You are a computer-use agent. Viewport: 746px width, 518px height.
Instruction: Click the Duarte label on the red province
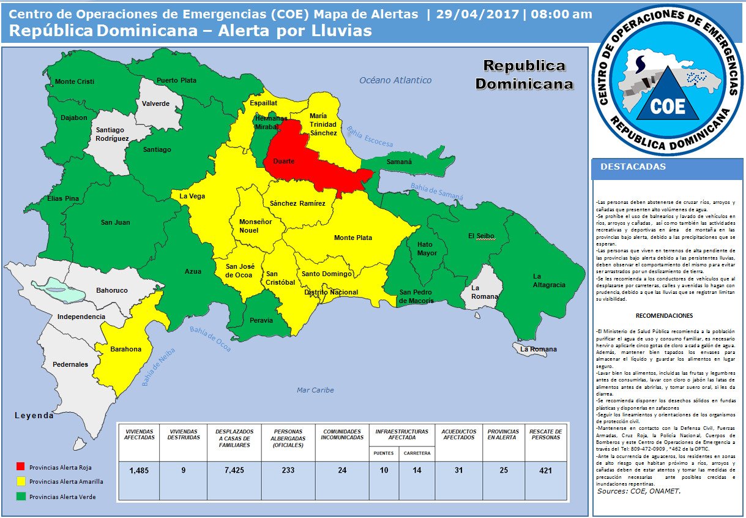click(283, 161)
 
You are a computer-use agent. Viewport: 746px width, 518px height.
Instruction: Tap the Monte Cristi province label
click(75, 82)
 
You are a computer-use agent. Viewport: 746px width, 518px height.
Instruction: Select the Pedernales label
click(70, 364)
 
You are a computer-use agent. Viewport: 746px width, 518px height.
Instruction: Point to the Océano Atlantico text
click(395, 80)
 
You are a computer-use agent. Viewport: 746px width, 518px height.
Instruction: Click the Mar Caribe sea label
click(315, 390)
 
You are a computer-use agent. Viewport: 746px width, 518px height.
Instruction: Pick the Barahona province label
click(125, 350)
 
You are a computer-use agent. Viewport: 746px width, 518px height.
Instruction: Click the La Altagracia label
click(545, 280)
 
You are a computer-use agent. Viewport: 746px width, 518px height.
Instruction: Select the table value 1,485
click(140, 470)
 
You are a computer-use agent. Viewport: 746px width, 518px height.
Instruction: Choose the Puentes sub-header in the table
click(384, 454)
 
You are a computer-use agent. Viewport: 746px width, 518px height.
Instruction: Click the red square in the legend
click(21, 467)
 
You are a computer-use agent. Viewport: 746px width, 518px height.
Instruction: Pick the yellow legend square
click(21, 481)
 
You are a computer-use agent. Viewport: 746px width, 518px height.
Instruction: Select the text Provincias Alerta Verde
click(62, 497)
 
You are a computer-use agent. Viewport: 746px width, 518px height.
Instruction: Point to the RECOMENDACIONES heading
click(664, 316)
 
